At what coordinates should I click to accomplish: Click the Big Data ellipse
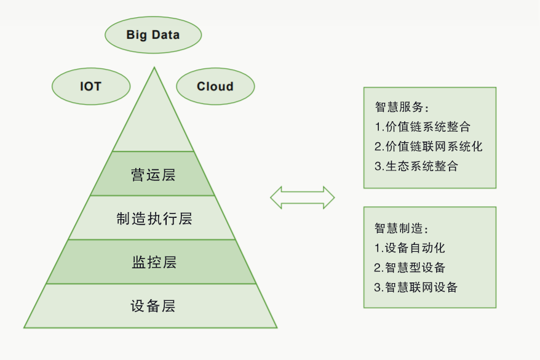[153, 35]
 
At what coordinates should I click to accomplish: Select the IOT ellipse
[91, 86]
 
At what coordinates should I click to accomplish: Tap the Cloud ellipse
[215, 86]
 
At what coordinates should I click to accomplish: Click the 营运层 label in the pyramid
[153, 175]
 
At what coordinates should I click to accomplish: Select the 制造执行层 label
[154, 218]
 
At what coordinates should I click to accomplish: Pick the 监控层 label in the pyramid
[154, 262]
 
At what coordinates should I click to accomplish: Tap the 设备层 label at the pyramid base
[153, 306]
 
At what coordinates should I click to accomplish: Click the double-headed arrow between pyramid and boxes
[303, 198]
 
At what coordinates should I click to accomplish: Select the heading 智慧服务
[402, 107]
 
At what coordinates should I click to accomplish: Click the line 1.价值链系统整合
[423, 126]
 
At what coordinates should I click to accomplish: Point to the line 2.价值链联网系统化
[429, 146]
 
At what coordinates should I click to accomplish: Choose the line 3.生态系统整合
[416, 166]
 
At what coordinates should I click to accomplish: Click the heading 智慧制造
[401, 228]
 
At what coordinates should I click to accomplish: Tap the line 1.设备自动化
[410, 248]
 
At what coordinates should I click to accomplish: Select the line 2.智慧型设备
[410, 267]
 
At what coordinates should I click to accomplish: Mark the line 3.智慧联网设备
[416, 287]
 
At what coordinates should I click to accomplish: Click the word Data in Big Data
[165, 35]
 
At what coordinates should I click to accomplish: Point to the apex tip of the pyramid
[154, 67]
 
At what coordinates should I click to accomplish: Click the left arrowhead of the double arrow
[276, 198]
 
